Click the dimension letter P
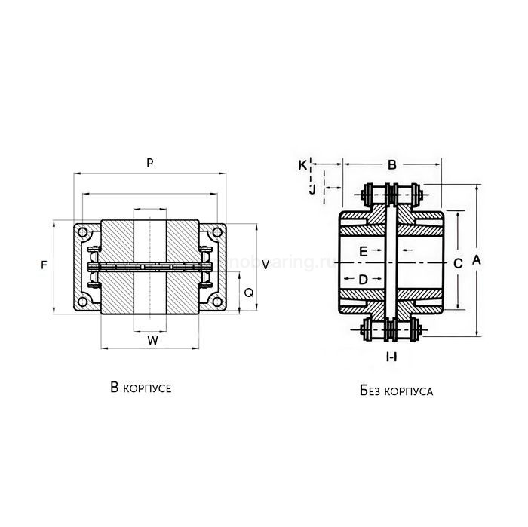pyautogui.click(x=150, y=163)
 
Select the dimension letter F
pyautogui.click(x=44, y=265)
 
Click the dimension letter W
pyautogui.click(x=152, y=340)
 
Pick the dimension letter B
pyautogui.click(x=391, y=164)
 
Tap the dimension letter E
pyautogui.click(x=364, y=250)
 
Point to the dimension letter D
pyautogui.click(x=363, y=279)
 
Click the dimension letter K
pyautogui.click(x=302, y=164)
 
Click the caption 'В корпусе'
pyautogui.click(x=140, y=388)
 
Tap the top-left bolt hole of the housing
pyautogui.click(x=84, y=233)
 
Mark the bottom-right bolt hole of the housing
pyautogui.click(x=217, y=302)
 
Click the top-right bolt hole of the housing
pyautogui.click(x=217, y=233)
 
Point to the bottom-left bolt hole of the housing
pyautogui.click(x=84, y=302)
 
